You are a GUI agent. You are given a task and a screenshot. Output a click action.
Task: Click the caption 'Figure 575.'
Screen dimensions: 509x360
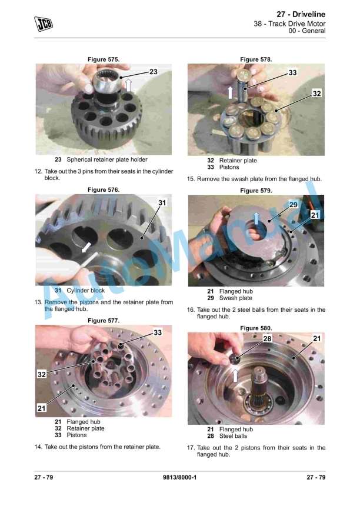click(104, 59)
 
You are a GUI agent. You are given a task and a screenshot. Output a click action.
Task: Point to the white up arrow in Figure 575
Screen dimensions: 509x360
click(128, 87)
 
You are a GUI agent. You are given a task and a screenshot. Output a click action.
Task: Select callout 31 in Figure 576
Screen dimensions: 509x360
click(163, 202)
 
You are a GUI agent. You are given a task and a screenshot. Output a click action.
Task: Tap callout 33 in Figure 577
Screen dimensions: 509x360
click(158, 332)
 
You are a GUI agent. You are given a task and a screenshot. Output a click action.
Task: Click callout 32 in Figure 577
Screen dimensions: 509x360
click(42, 374)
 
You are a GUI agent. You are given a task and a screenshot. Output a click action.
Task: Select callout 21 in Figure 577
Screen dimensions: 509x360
click(42, 408)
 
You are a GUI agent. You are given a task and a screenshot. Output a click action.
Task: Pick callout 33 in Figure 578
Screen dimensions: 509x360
click(292, 72)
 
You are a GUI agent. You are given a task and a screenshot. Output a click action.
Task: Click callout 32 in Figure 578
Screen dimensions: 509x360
click(316, 94)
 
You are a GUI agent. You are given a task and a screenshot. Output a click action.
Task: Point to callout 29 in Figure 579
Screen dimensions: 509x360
click(293, 205)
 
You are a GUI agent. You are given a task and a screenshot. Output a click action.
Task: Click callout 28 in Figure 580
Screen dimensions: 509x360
click(266, 338)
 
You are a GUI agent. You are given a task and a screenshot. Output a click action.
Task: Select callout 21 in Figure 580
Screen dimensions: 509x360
click(316, 338)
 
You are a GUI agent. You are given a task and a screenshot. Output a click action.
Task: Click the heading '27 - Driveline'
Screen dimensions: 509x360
click(301, 14)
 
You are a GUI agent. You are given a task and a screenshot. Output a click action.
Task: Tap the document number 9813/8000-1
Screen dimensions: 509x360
click(179, 477)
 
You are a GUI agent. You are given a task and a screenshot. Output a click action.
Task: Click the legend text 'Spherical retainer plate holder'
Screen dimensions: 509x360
click(107, 159)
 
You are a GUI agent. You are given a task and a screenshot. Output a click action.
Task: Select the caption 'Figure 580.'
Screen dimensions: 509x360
click(256, 328)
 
